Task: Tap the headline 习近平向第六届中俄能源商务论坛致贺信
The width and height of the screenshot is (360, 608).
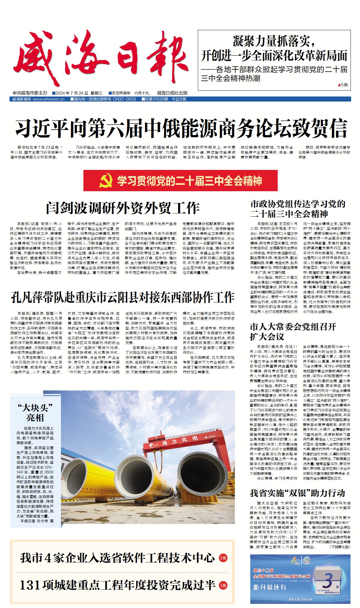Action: [x=181, y=128]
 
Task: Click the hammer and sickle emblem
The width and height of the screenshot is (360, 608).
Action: [x=106, y=181]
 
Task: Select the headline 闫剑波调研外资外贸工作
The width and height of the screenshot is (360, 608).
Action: [x=123, y=208]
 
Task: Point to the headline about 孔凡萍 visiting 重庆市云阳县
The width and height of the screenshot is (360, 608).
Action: [x=123, y=297]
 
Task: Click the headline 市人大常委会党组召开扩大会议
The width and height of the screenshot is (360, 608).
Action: [x=293, y=332]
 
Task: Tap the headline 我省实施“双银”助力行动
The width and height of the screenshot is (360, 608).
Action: [x=297, y=493]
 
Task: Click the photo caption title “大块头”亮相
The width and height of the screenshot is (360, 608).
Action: [x=35, y=413]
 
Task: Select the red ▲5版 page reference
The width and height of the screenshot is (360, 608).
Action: [x=343, y=85]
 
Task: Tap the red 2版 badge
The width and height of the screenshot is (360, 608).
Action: [x=223, y=558]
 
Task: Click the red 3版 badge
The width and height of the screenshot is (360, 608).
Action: [x=223, y=585]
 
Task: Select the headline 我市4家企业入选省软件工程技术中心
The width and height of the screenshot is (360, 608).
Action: [x=117, y=558]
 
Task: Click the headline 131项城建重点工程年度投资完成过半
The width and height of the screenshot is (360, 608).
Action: [x=117, y=585]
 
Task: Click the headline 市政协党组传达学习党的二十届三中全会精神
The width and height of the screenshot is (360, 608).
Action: [x=298, y=209]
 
